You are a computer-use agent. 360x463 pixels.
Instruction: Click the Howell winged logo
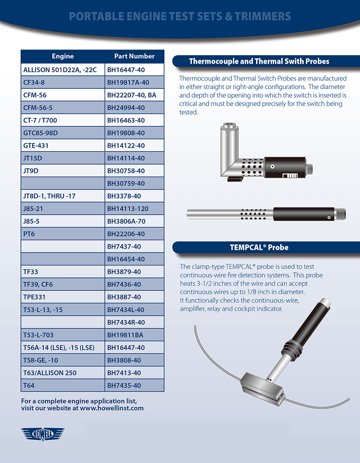coord(43,434)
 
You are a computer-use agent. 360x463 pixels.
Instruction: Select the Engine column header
coord(62,56)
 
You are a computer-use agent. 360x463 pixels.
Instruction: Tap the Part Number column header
coord(134,56)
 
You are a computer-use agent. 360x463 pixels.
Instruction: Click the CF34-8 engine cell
coord(34,82)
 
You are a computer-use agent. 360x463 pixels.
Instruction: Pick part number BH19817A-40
coord(128,82)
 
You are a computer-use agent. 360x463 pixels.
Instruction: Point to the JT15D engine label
coord(33,158)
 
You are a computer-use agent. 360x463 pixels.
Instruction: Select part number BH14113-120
coord(128,209)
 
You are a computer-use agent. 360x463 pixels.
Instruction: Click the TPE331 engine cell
coord(34,297)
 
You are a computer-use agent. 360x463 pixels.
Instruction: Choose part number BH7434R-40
coord(126,322)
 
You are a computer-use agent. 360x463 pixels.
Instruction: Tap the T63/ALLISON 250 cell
coord(50,372)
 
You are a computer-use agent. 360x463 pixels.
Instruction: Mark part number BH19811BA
coord(125,335)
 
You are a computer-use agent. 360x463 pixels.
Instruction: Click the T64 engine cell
coord(29,385)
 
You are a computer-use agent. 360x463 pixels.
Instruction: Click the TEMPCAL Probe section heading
coord(259,247)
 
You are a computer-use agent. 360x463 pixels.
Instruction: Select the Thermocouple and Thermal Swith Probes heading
coord(259,61)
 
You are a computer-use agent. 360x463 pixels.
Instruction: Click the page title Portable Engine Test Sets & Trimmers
coord(180,16)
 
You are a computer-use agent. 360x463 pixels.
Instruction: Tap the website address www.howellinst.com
coord(112,408)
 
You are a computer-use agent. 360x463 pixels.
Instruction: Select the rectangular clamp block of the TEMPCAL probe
coord(262,388)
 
